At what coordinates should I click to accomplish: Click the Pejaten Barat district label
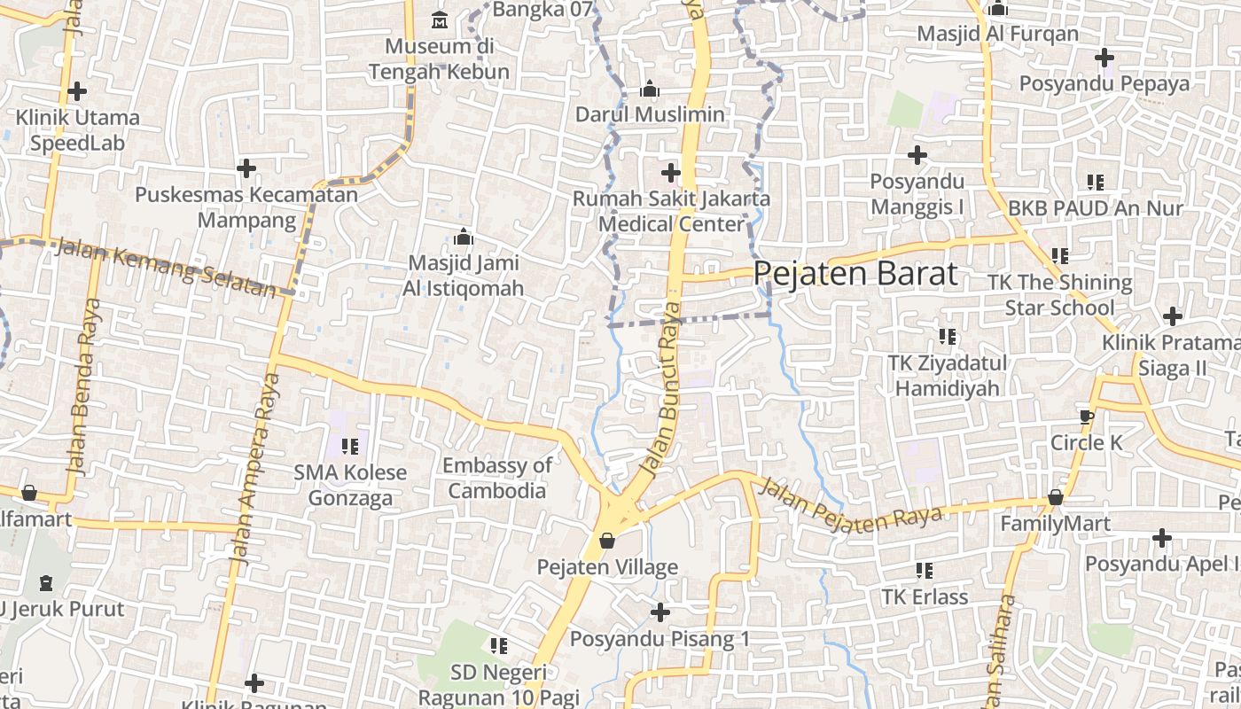pyautogui.click(x=855, y=273)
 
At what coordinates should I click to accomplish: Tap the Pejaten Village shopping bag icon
pyautogui.click(x=607, y=540)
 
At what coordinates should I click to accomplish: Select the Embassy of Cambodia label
pyautogui.click(x=497, y=478)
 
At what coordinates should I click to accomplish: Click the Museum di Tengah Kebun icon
pyautogui.click(x=439, y=19)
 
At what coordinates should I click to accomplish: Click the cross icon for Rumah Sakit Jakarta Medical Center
pyautogui.click(x=671, y=172)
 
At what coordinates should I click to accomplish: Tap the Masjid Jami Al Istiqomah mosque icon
pyautogui.click(x=463, y=238)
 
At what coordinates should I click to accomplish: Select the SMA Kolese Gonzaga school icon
pyautogui.click(x=349, y=446)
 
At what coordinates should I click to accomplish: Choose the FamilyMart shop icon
pyautogui.click(x=1055, y=497)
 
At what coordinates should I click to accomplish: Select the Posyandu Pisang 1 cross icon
pyautogui.click(x=660, y=612)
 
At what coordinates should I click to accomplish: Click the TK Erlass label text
pyautogui.click(x=925, y=596)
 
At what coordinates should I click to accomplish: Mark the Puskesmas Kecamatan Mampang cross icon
pyautogui.click(x=246, y=168)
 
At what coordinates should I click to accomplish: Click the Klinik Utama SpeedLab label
pyautogui.click(x=78, y=129)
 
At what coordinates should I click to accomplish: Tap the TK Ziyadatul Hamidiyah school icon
pyautogui.click(x=948, y=337)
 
